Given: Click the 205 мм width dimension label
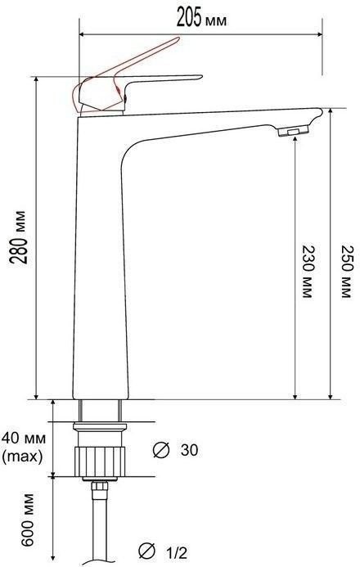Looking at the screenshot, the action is click(201, 18).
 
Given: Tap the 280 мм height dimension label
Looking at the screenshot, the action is click(19, 237).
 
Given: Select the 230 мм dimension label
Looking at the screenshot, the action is click(307, 272).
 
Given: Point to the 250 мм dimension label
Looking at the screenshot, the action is click(347, 272).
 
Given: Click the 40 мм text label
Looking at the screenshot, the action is click(24, 439).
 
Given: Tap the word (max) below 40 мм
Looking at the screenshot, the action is click(22, 457).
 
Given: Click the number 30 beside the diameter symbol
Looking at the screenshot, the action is click(189, 450).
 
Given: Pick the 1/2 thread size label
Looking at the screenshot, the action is click(177, 552).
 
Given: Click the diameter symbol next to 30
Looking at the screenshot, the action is click(161, 450).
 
